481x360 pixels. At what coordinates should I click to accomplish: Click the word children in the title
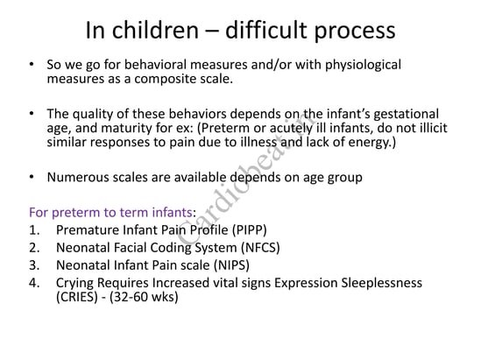[x=155, y=30]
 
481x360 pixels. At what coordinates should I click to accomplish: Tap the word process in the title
[x=355, y=32]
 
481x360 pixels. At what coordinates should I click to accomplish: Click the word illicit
[x=434, y=128]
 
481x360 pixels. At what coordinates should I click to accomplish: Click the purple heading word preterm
[x=76, y=213]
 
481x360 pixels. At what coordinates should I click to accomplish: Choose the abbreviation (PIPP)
[x=250, y=230]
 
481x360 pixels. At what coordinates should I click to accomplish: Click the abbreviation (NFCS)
[x=260, y=248]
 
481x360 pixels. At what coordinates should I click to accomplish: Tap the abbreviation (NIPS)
[x=231, y=265]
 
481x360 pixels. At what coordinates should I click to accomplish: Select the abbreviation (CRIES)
[x=77, y=297]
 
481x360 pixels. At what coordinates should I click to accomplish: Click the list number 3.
[x=34, y=265]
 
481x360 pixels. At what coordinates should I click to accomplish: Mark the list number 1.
[x=34, y=230]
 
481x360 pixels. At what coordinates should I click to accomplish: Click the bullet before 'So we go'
[x=32, y=65]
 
